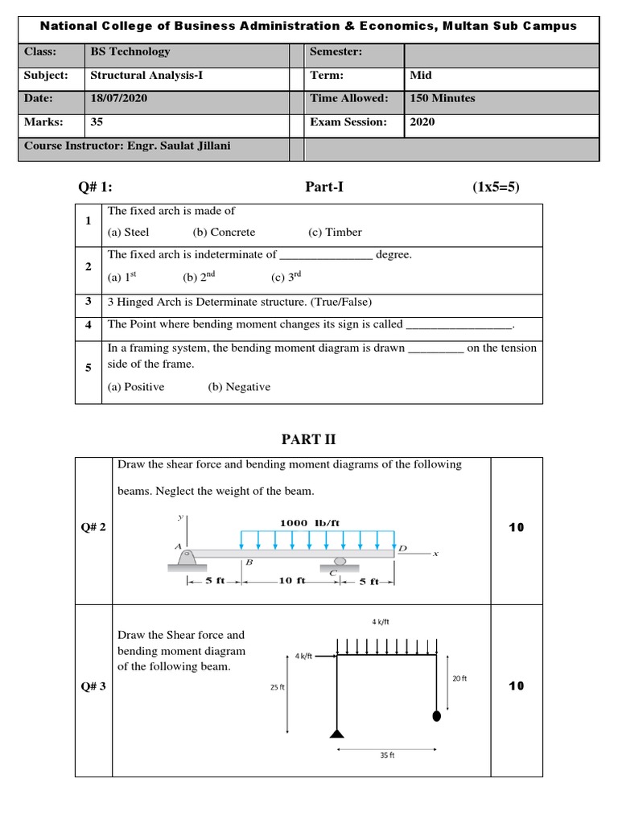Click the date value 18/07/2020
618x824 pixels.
click(x=118, y=98)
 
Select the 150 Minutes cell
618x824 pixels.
click(x=442, y=98)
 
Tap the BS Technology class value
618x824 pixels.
click(x=130, y=51)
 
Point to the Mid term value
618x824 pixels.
click(x=420, y=75)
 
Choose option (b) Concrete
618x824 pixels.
click(x=224, y=232)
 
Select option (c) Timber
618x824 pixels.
click(x=335, y=232)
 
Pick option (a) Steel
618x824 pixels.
click(x=128, y=232)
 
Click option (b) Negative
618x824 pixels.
click(x=239, y=387)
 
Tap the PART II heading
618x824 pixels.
click(x=308, y=439)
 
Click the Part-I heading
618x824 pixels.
click(x=324, y=187)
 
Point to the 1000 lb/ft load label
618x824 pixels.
click(x=310, y=523)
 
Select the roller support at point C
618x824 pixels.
click(x=340, y=562)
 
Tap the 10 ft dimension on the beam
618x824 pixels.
click(x=290, y=581)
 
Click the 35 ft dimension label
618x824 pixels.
click(x=386, y=756)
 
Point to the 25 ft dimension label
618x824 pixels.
click(x=277, y=688)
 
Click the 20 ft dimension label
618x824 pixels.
click(x=459, y=678)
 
